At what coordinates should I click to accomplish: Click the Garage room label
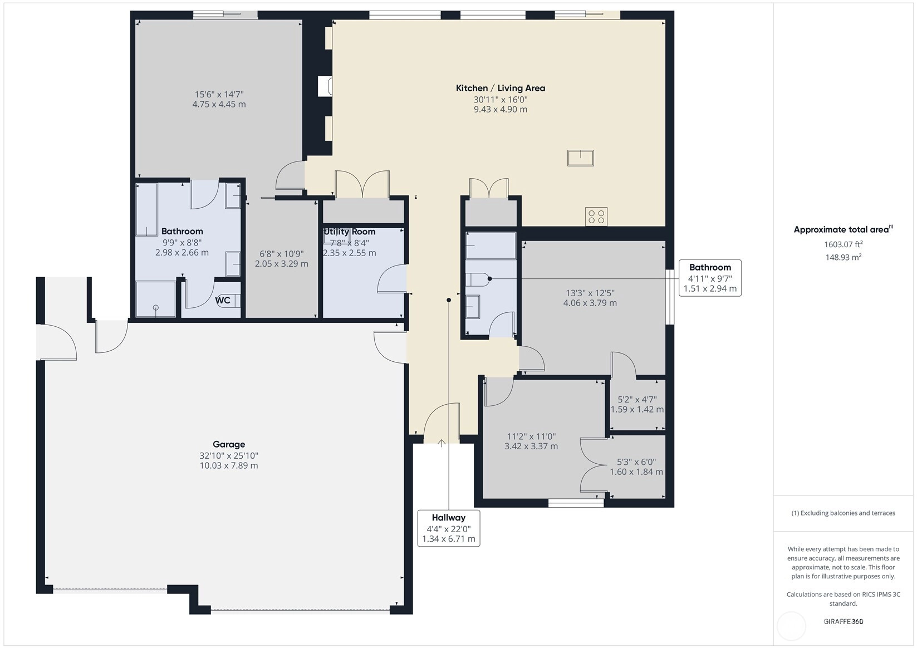229,444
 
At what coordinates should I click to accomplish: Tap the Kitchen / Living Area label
500,88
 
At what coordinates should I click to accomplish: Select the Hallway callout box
449,528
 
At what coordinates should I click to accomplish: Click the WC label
223,300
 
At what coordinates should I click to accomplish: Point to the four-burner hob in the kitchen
596,217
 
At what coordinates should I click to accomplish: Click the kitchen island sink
581,158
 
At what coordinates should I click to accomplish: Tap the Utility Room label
349,232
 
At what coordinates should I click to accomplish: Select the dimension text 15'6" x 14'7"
219,95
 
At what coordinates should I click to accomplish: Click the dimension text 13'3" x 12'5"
590,293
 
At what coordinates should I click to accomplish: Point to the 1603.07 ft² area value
844,244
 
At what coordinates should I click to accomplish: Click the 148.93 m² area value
844,257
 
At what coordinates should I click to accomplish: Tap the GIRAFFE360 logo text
844,621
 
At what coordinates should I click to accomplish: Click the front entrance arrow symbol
442,443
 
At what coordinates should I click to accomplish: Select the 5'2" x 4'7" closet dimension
637,400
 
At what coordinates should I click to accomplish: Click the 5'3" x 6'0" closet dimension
636,462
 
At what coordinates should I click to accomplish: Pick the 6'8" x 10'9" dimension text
282,254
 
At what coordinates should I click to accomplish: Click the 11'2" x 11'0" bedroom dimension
531,436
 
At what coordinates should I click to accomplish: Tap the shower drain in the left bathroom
155,307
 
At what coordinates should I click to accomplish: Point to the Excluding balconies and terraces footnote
844,513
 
